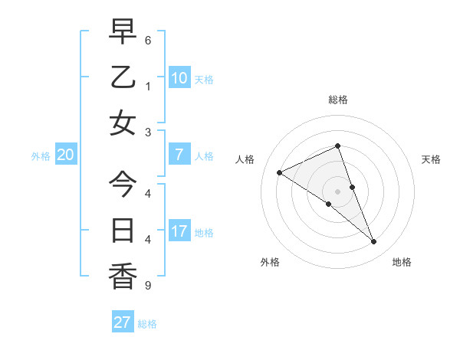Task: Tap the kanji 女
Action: coord(123,123)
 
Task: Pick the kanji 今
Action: coord(123,184)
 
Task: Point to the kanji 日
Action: coord(123,230)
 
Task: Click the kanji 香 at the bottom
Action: coord(123,276)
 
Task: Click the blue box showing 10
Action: coord(179,78)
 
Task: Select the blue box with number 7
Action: coord(179,155)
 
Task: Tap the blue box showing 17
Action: coord(179,231)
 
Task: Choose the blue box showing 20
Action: coord(66,155)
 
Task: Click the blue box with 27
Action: coord(123,322)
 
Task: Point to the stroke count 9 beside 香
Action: coord(147,286)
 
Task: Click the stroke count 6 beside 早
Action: coord(147,40)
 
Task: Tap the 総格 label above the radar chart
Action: coord(338,100)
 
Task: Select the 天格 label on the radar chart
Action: coord(432,159)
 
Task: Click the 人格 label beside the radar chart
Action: coord(245,159)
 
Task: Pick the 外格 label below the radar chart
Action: coord(269,262)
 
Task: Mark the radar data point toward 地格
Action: coord(374,242)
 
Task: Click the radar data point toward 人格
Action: coord(279,172)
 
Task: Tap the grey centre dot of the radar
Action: coord(338,191)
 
